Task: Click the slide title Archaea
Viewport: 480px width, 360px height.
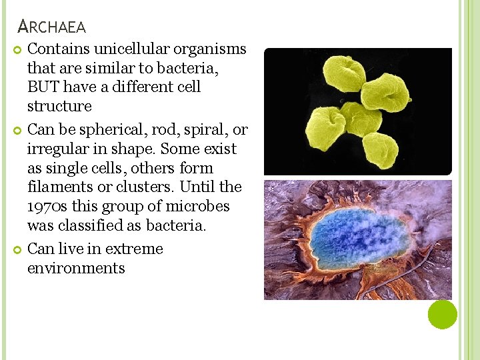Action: click(x=52, y=27)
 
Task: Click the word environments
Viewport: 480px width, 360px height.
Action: click(x=76, y=269)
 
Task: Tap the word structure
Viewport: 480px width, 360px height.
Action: click(x=59, y=107)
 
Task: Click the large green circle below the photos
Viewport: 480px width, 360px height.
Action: click(x=442, y=314)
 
